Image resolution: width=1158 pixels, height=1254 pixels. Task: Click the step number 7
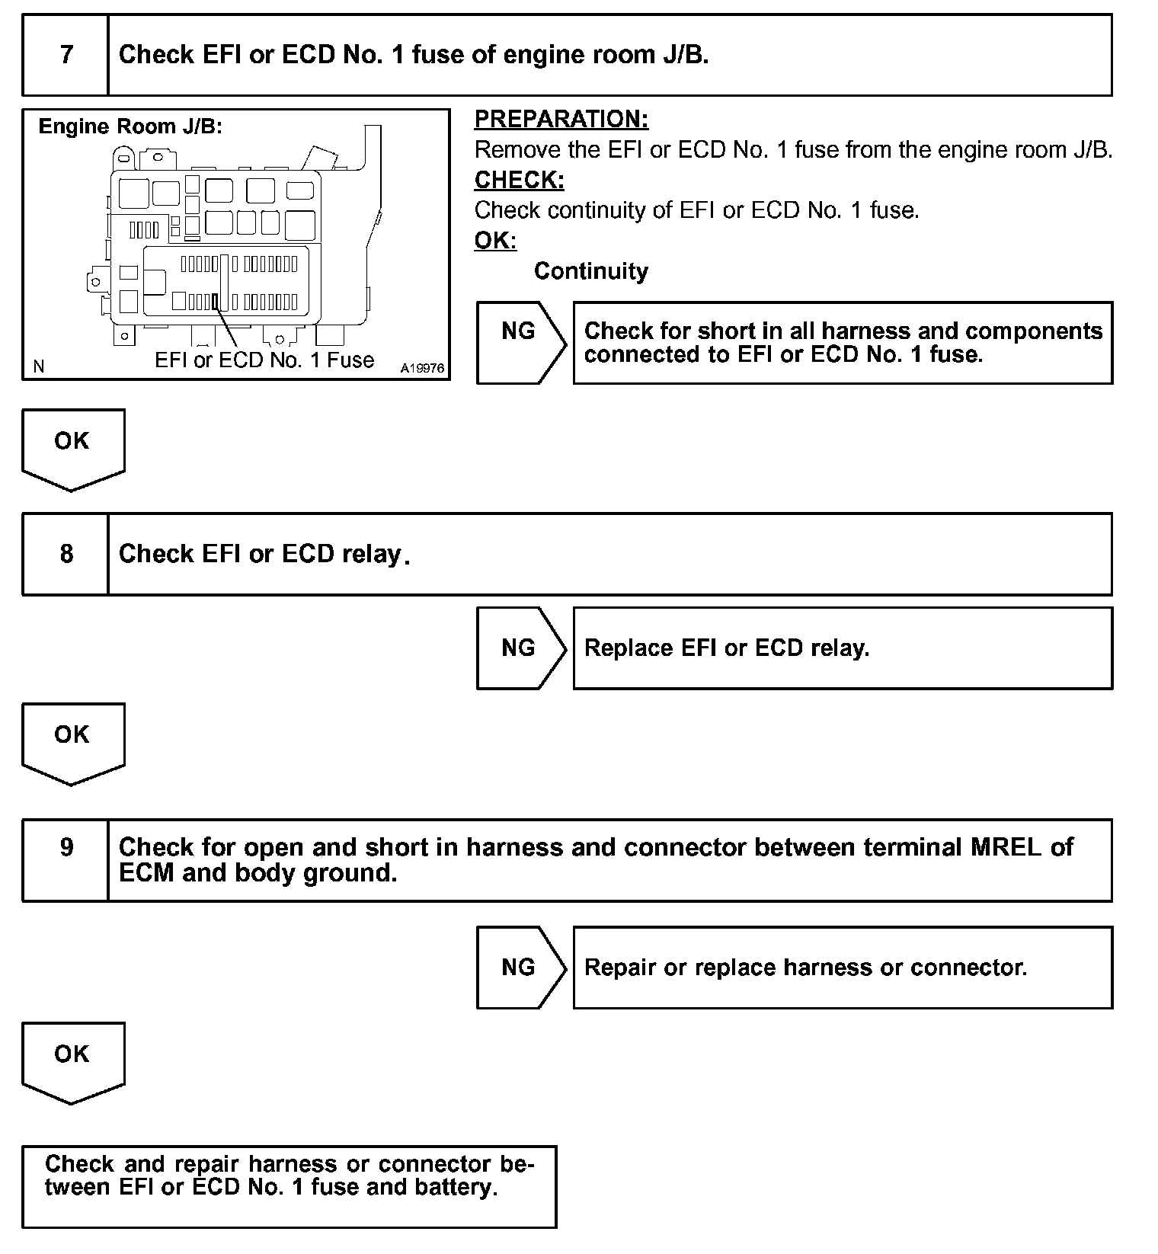[66, 55]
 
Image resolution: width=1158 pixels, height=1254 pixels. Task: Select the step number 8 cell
[66, 554]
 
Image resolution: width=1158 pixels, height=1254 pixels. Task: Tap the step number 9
[66, 847]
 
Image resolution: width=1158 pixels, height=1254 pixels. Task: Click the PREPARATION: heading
[561, 119]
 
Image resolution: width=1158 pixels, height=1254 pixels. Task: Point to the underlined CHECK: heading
[519, 180]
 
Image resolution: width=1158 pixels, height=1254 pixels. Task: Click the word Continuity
[590, 271]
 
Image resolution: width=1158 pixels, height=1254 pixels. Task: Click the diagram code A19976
[422, 368]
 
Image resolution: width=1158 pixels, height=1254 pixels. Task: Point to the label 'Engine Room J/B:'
[130, 126]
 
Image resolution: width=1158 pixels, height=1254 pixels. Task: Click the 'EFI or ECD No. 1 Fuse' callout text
[264, 360]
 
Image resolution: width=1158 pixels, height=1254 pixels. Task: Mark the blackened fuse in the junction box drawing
[216, 302]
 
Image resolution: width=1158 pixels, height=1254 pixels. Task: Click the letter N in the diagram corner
[39, 367]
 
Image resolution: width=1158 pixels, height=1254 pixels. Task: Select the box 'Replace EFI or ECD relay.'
[842, 648]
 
